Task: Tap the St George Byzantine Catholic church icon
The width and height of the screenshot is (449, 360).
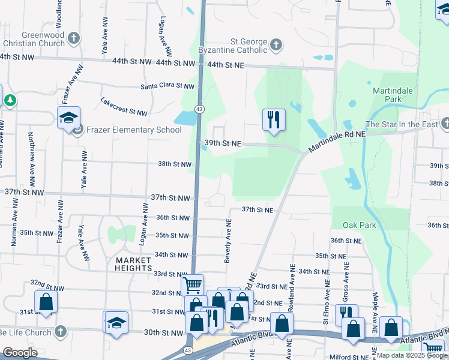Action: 276,44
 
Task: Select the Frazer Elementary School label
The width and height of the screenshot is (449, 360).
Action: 133,130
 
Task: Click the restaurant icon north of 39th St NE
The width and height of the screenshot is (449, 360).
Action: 273,119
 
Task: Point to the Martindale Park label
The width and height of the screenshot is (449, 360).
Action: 393,94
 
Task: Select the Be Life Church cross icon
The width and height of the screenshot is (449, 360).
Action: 60,332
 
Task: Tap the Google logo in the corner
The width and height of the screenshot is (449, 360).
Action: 20,353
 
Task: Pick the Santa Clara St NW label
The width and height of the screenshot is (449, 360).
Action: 168,86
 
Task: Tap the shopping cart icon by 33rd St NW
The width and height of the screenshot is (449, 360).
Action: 192,284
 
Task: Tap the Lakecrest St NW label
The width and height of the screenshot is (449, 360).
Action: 124,107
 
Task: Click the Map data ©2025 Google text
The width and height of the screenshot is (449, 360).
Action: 412,355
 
